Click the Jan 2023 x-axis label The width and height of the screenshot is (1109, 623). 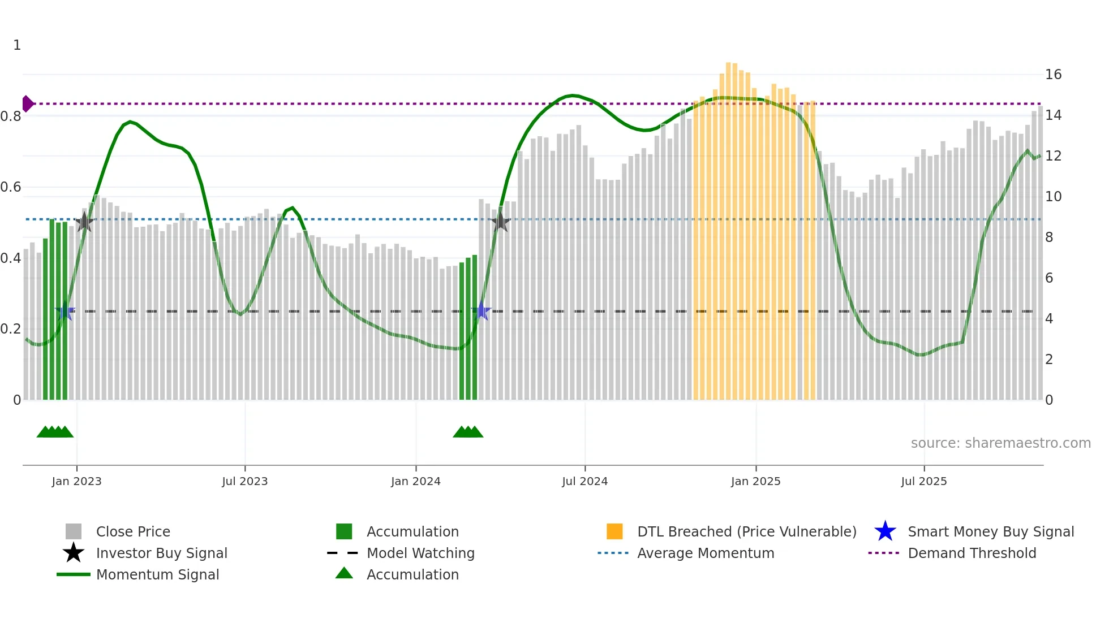(x=76, y=481)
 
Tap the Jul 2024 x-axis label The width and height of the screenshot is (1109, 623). (x=584, y=481)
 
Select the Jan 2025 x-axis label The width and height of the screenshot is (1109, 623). (x=755, y=481)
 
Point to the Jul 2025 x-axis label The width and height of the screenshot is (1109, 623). (x=923, y=481)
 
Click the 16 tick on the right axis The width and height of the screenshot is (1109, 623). (x=1053, y=75)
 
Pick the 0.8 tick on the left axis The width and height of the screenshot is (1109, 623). (x=11, y=116)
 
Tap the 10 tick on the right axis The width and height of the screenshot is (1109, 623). (x=1053, y=197)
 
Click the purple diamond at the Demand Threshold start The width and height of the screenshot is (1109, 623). (x=27, y=104)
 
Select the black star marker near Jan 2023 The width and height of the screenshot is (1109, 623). (x=84, y=222)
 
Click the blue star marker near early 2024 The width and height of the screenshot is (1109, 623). (x=482, y=311)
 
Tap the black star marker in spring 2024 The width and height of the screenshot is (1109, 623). (x=500, y=222)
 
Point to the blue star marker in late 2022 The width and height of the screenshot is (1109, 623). (x=65, y=311)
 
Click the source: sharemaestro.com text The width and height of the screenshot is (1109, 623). (x=1000, y=443)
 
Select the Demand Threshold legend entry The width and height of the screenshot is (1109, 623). (x=972, y=553)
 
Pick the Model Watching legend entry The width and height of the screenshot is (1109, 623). (x=420, y=553)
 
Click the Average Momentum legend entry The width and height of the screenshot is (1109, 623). (x=705, y=553)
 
